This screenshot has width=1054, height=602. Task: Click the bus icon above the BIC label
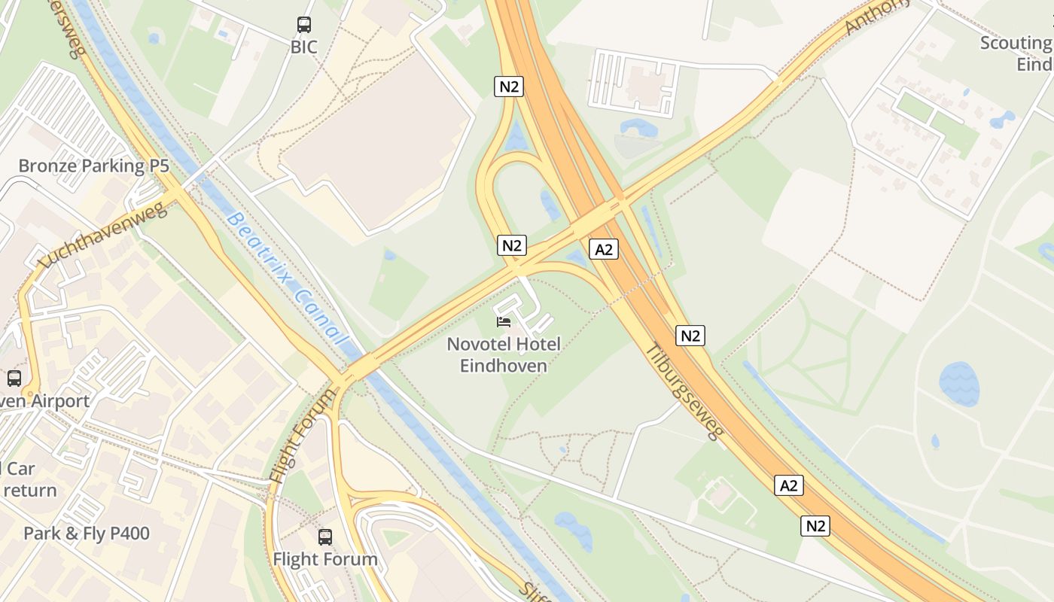(x=304, y=25)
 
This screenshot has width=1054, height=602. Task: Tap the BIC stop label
(x=304, y=47)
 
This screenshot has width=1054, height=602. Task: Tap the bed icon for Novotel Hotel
(x=504, y=322)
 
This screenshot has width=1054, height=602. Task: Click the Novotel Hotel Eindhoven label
(x=504, y=355)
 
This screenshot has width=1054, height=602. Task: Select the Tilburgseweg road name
(x=684, y=391)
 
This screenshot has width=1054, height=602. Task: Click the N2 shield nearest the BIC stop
(x=510, y=87)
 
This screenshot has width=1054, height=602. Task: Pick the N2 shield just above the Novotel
(x=512, y=245)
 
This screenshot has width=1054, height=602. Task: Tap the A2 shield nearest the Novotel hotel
(x=604, y=249)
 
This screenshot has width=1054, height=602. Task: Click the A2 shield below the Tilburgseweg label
(x=788, y=485)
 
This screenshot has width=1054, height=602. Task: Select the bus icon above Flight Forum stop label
(x=325, y=537)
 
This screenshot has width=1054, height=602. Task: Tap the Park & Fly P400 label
(x=87, y=534)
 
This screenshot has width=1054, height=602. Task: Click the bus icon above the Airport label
(x=14, y=379)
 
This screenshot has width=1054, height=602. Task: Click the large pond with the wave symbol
(x=959, y=384)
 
